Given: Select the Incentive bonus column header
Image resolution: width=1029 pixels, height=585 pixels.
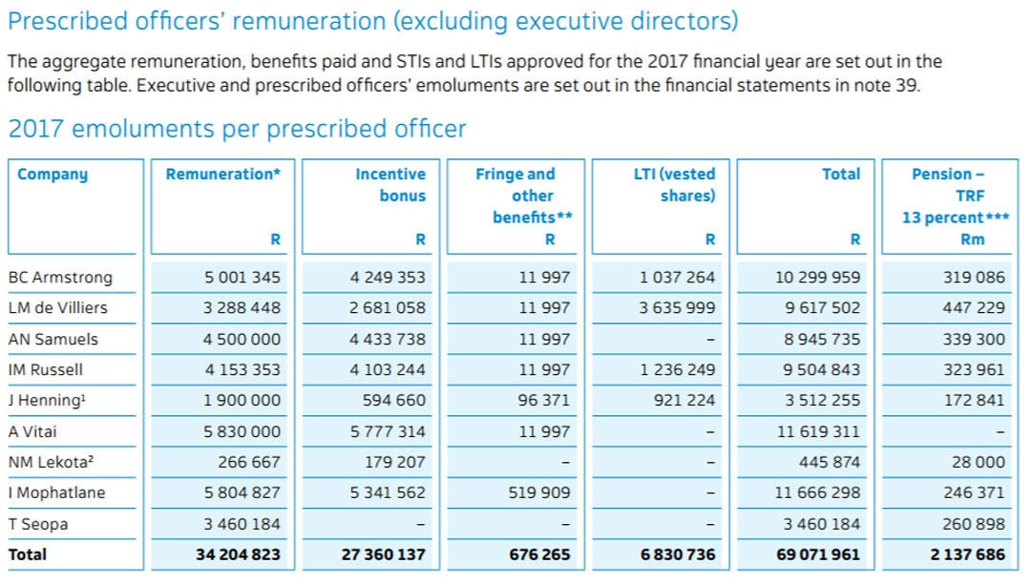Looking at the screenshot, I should (x=390, y=185).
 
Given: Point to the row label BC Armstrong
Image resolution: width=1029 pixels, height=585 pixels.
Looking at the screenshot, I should (x=60, y=278).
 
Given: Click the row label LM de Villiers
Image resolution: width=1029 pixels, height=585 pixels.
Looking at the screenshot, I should (x=57, y=308).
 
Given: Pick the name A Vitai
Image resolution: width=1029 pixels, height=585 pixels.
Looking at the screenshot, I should (x=32, y=431).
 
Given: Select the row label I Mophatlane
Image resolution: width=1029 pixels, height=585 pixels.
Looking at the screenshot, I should (x=56, y=493).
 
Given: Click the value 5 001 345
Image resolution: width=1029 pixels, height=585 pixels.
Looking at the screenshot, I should (x=242, y=278).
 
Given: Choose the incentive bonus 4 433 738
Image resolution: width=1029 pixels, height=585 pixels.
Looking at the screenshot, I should (x=388, y=340).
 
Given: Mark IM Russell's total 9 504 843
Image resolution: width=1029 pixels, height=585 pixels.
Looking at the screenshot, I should (x=818, y=370).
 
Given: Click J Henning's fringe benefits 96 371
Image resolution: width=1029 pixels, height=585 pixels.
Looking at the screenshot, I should (x=544, y=401).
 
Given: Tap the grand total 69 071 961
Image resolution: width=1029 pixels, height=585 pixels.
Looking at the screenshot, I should (x=818, y=554).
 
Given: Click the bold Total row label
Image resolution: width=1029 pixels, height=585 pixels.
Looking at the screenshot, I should (x=28, y=554).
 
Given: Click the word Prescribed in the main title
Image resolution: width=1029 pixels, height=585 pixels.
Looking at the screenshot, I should (x=69, y=21).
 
